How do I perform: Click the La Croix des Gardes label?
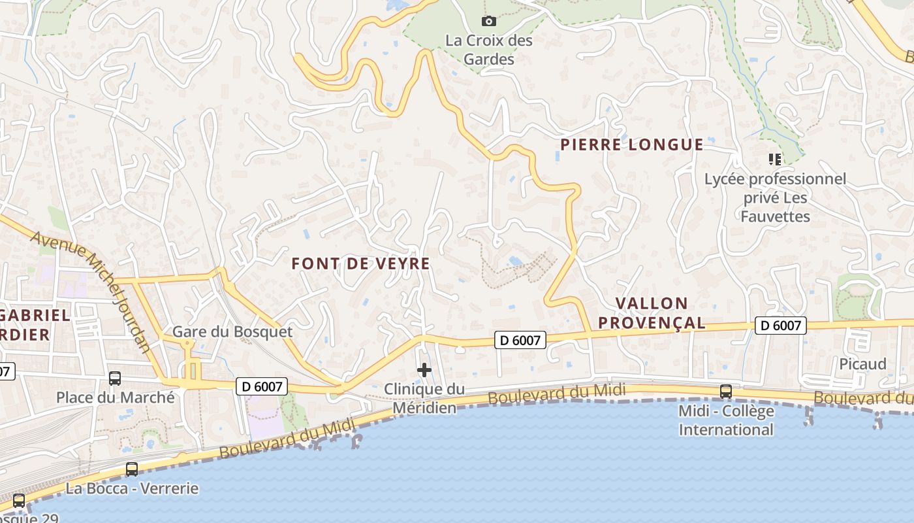click(489, 50)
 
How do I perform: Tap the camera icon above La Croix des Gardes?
click(488, 22)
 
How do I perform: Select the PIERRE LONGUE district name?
click(632, 144)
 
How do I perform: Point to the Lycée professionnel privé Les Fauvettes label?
click(775, 197)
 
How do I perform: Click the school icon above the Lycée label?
click(775, 159)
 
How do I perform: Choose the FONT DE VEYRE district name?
click(360, 263)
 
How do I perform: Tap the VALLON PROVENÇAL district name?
click(652, 312)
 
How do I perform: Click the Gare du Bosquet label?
click(232, 331)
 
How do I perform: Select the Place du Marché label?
click(116, 397)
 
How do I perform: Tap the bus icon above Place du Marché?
click(115, 378)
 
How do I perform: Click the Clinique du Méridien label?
click(424, 398)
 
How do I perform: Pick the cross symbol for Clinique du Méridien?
click(424, 371)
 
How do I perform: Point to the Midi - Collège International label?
click(726, 420)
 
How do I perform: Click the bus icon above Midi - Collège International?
click(725, 391)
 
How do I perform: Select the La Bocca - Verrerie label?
click(132, 488)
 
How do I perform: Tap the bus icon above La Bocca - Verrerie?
click(132, 469)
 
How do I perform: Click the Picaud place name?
click(863, 363)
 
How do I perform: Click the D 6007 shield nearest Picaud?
click(781, 325)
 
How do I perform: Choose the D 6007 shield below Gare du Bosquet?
click(262, 386)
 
